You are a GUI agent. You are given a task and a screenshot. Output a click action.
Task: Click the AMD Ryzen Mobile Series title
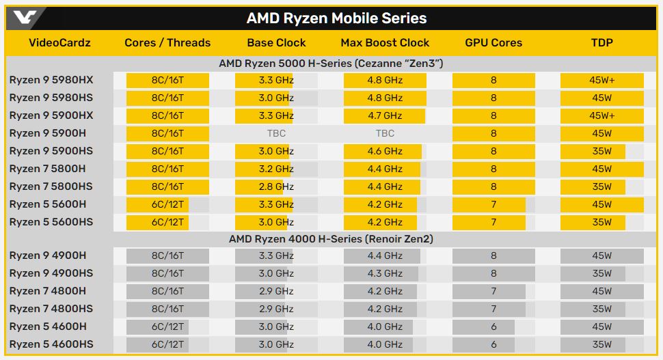[336, 18]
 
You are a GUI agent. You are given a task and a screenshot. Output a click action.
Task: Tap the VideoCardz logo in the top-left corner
[25, 17]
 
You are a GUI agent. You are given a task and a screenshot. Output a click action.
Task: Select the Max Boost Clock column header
[385, 42]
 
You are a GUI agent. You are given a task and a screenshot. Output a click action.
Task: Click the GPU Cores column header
[493, 42]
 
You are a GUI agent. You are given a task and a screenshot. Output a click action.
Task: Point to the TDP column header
[601, 42]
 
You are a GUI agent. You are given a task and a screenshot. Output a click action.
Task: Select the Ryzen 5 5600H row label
[48, 204]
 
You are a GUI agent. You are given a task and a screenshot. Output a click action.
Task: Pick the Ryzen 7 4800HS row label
[51, 309]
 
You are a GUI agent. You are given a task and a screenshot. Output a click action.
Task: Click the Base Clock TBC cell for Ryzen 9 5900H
[276, 133]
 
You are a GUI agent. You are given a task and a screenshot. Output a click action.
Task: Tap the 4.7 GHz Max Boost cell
[385, 115]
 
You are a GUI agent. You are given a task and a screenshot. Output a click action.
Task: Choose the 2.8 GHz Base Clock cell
[276, 186]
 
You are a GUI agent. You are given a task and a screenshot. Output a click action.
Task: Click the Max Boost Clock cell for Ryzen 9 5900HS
[385, 151]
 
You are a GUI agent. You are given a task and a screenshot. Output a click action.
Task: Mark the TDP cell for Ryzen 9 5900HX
[601, 115]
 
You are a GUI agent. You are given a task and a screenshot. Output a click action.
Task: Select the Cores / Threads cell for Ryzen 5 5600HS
[167, 222]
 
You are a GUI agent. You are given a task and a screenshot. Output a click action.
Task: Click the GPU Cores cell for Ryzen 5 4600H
[493, 327]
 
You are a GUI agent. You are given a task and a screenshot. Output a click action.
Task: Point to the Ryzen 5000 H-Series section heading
[331, 63]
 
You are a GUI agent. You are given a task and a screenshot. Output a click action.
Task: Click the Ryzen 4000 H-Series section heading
[331, 239]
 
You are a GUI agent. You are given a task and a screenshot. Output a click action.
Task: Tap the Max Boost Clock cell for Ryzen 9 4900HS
[385, 273]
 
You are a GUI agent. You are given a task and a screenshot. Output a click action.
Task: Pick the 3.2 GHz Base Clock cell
[276, 169]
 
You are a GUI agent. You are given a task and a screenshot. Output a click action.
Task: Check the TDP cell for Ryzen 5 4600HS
[601, 344]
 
